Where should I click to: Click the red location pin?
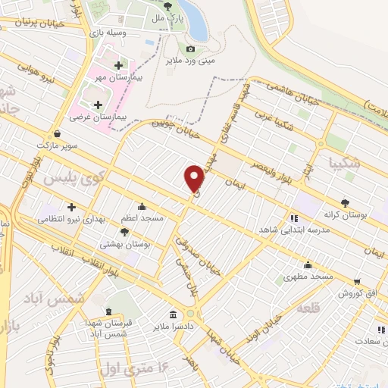(x=195, y=177)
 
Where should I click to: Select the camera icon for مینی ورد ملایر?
(x=190, y=49)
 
